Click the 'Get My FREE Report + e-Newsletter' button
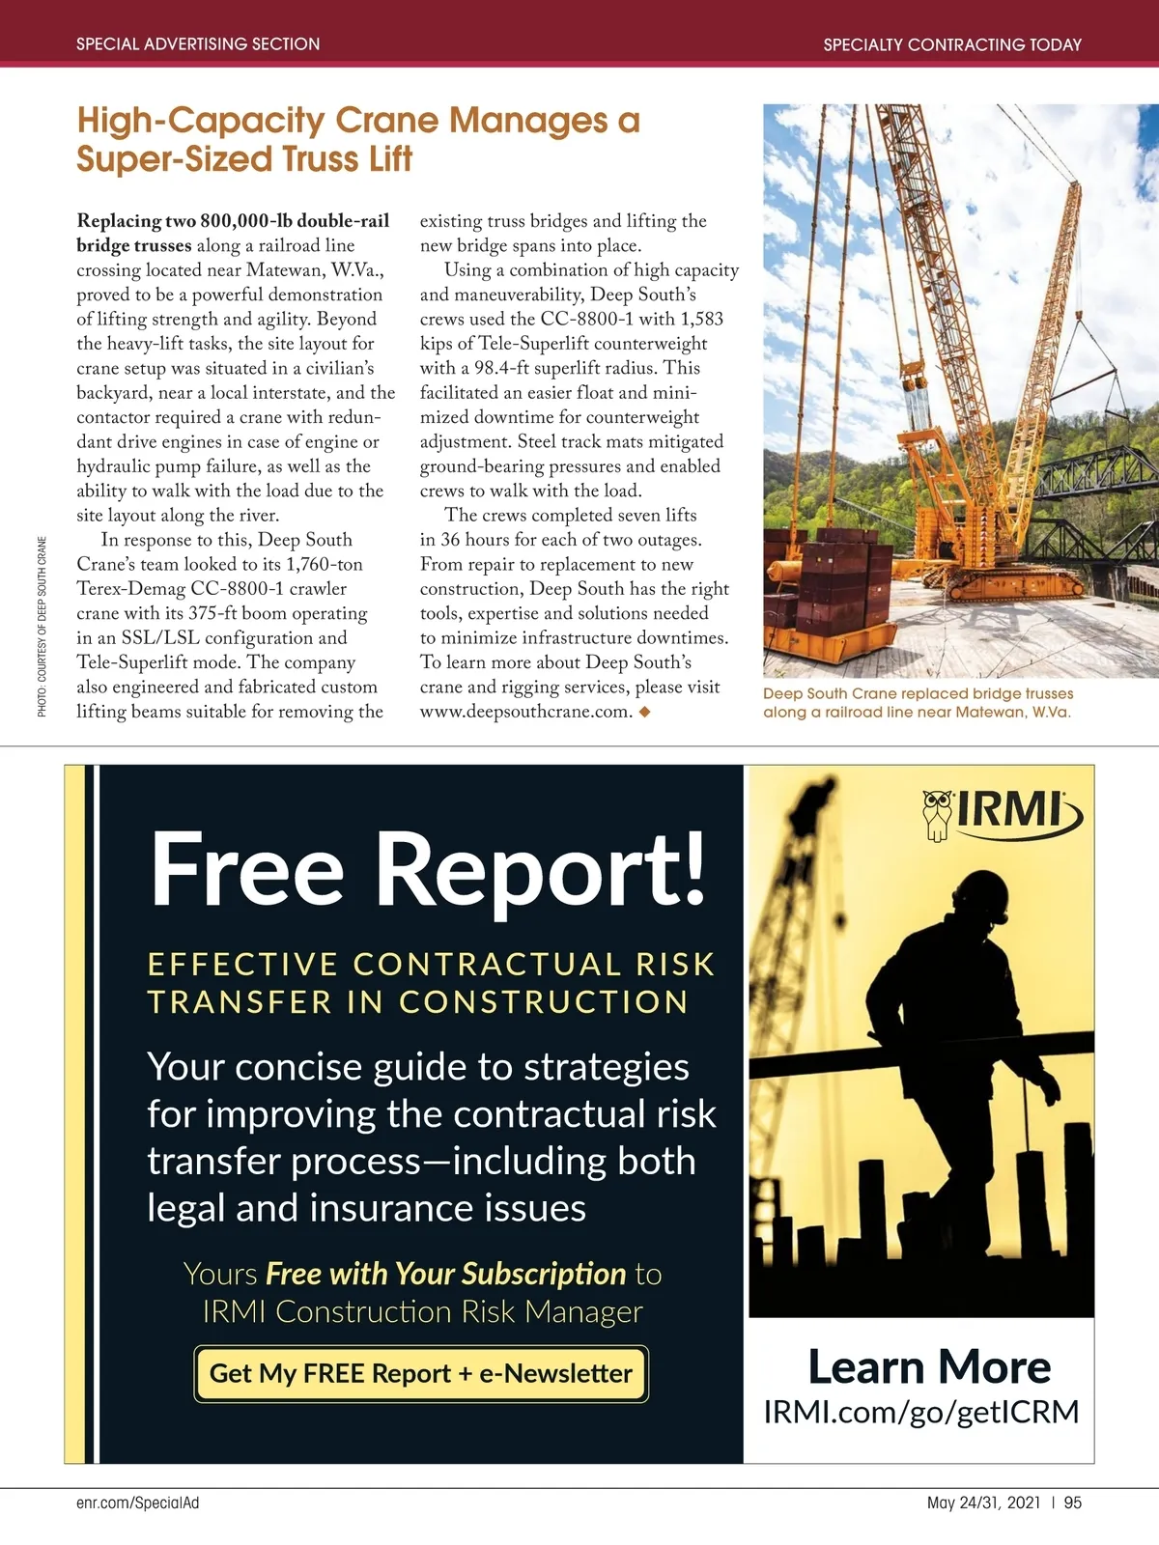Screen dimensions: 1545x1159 tap(421, 1373)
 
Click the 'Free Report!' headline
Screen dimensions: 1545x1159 tap(429, 871)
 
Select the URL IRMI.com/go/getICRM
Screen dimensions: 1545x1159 tap(920, 1412)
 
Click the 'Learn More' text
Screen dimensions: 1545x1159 tap(929, 1367)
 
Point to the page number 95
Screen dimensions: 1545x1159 tap(1073, 1503)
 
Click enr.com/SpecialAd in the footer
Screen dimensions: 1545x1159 tap(137, 1503)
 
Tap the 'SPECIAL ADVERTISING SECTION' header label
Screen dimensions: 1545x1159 tap(198, 44)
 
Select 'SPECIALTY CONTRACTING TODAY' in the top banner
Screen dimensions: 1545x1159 tap(952, 44)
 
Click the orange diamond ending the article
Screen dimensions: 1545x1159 tap(645, 712)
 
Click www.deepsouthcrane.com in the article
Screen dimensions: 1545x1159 tap(525, 712)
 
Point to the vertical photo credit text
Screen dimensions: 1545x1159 tap(42, 627)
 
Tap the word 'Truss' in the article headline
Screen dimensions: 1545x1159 tap(324, 158)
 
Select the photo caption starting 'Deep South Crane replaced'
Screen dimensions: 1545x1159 tap(917, 703)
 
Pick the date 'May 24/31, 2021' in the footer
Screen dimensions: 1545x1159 tap(983, 1503)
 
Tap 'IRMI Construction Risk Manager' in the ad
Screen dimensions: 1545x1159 tap(422, 1312)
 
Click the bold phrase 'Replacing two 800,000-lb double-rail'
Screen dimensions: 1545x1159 tap(233, 221)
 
